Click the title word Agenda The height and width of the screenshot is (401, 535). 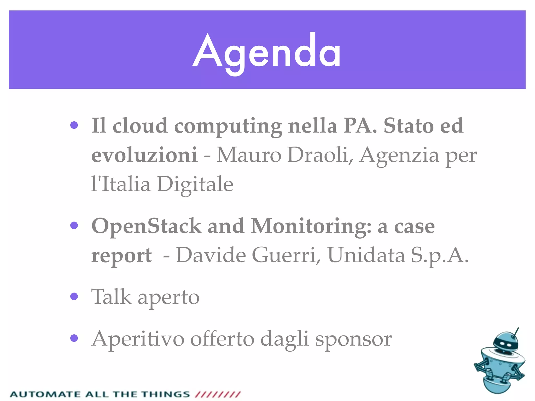tap(266, 52)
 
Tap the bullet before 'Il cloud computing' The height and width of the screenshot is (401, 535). tap(74, 125)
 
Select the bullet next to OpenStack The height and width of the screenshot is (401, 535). tap(74, 225)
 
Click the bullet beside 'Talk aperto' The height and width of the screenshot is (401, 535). tap(74, 296)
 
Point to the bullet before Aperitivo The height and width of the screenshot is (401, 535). tap(74, 338)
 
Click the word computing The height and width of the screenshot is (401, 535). tap(228, 127)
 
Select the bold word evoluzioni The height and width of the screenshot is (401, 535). tap(144, 155)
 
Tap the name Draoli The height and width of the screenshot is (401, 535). tap(320, 155)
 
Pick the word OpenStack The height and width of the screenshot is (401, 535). tap(146, 226)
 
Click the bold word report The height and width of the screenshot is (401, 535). tap(121, 255)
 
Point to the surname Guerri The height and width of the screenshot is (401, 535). tap(286, 255)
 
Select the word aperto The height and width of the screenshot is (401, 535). tap(168, 298)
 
